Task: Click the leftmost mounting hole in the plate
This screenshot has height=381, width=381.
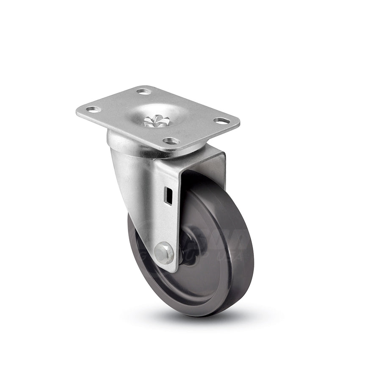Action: pyautogui.click(x=94, y=109)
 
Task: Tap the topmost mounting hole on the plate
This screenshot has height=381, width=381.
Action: pyautogui.click(x=144, y=91)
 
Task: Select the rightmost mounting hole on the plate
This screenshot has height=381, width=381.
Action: pyautogui.click(x=221, y=121)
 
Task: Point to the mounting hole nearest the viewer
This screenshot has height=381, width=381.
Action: pyautogui.click(x=171, y=141)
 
